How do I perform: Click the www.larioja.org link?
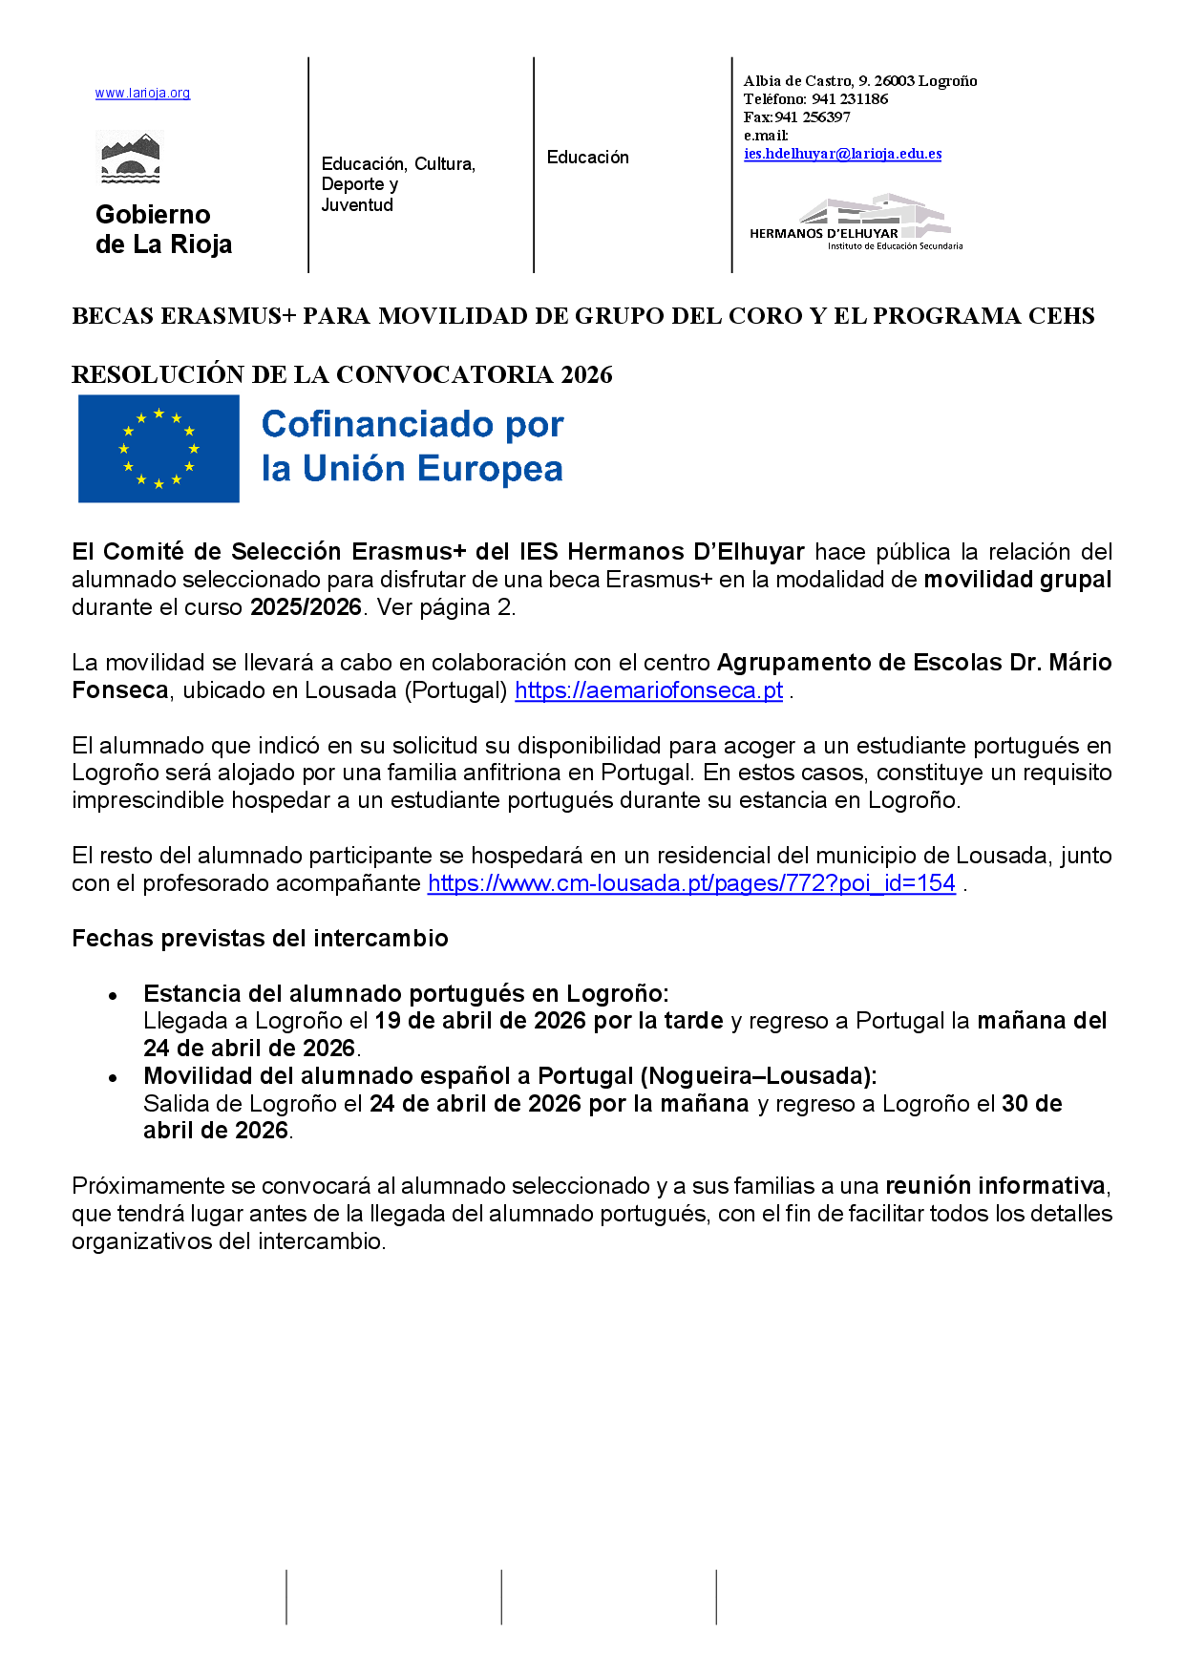click(x=142, y=94)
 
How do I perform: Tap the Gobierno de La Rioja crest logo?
click(x=131, y=159)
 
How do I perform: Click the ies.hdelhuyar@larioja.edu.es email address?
click(x=842, y=154)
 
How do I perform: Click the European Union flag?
click(x=159, y=449)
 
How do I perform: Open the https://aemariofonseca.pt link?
click(x=648, y=690)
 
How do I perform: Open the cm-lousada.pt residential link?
click(x=691, y=883)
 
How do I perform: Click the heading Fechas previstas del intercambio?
click(x=260, y=939)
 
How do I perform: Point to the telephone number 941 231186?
click(x=850, y=99)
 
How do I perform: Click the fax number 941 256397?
click(x=812, y=117)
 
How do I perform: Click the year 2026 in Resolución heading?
click(x=586, y=374)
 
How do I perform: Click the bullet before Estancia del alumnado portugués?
click(x=113, y=995)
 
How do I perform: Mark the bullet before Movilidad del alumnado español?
click(x=113, y=1077)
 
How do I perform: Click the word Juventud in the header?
click(x=357, y=205)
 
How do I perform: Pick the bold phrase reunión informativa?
click(x=995, y=1186)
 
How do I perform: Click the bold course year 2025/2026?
click(x=306, y=607)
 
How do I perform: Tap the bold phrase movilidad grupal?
click(x=1017, y=580)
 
